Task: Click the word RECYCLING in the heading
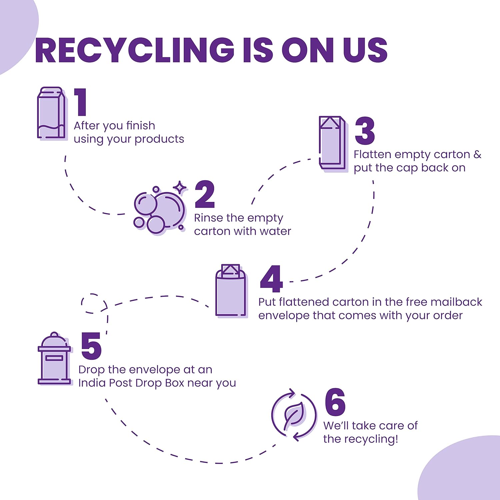pos(135,50)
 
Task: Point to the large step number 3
pos(365,131)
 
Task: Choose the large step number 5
pos(91,346)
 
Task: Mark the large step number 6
pos(335,402)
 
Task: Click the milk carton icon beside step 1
pos(52,113)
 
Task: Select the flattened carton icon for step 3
pos(333,144)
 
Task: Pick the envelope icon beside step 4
pos(231,291)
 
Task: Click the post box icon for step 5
pos(55,359)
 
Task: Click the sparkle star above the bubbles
pos(180,188)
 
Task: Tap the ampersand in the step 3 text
pos(477,154)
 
